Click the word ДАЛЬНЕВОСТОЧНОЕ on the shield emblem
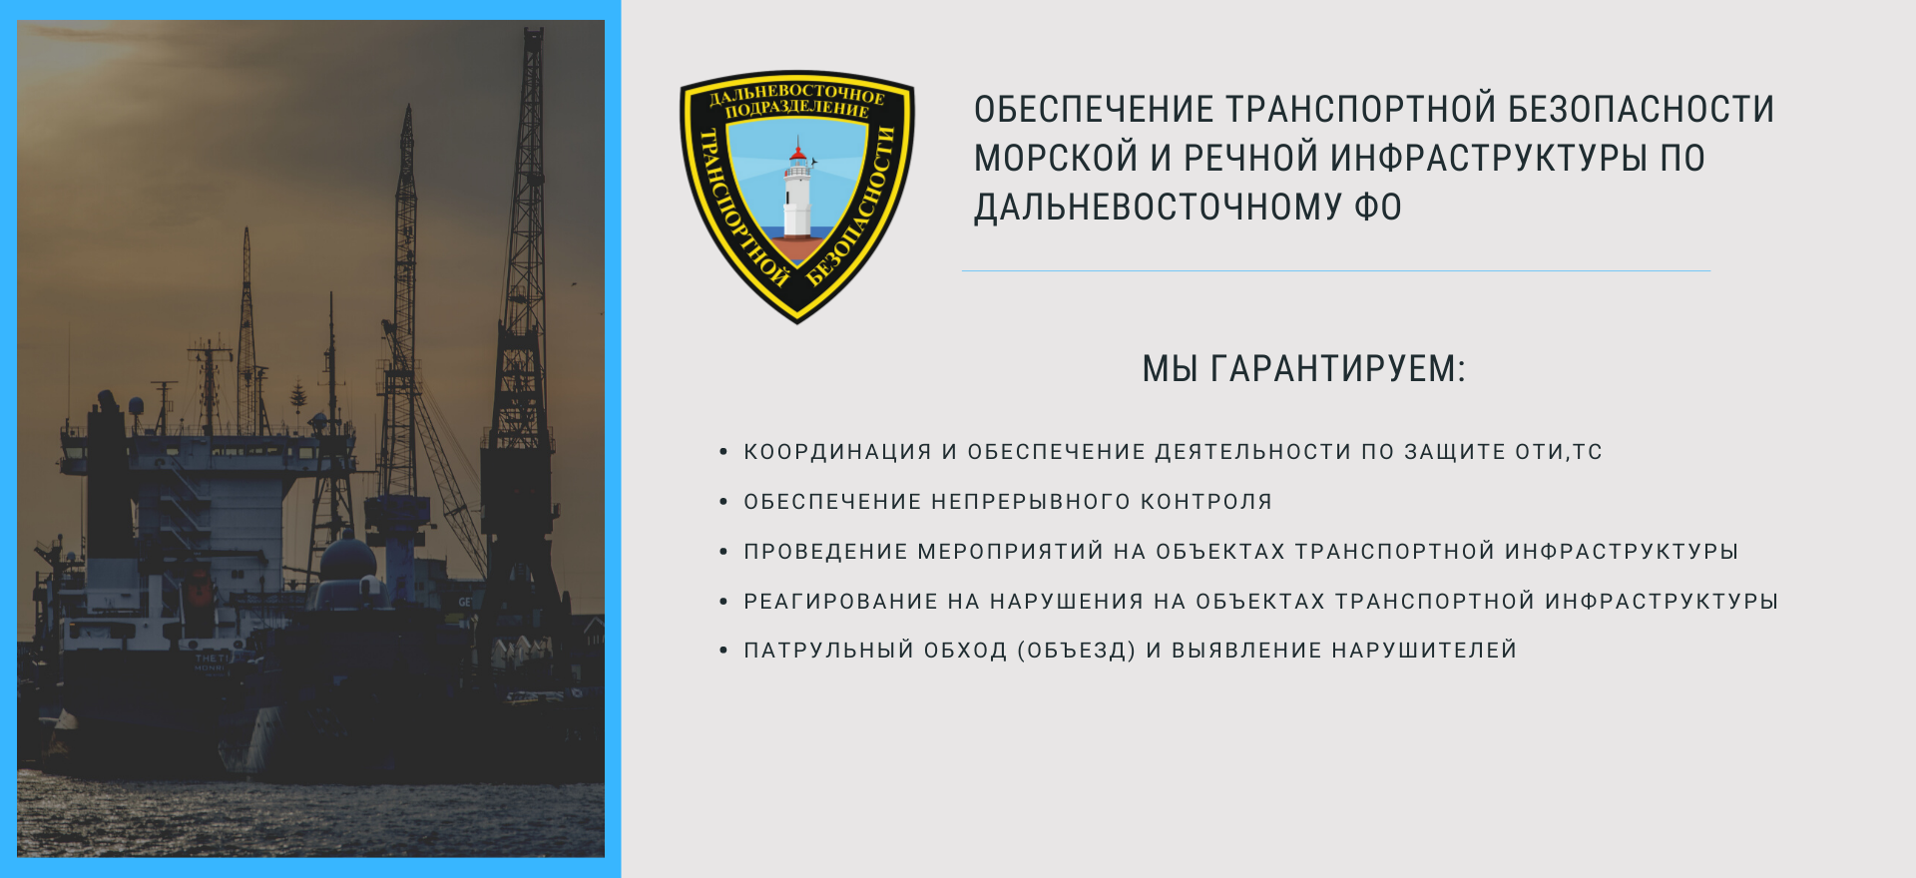tap(796, 95)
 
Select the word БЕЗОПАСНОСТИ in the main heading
tap(1642, 109)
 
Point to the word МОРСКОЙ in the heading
tap(1057, 158)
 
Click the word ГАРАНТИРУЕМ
tap(1338, 369)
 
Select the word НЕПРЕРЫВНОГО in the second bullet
tap(1031, 502)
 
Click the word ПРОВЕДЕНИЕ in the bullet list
tap(825, 552)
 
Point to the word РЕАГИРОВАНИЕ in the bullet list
tap(841, 602)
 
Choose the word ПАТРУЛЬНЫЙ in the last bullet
tap(828, 651)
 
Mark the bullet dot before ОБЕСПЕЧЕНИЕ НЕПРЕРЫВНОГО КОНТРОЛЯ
tap(723, 502)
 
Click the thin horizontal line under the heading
tap(1336, 270)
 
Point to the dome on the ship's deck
tap(348, 560)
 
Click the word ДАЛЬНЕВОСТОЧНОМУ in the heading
tap(1159, 207)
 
